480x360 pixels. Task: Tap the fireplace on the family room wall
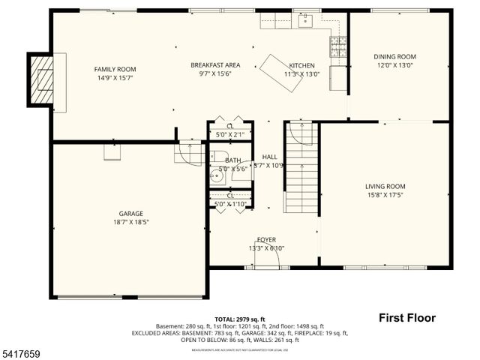point(43,78)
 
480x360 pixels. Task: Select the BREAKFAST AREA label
point(214,65)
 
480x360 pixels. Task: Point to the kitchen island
point(281,73)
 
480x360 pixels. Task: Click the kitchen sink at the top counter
point(304,20)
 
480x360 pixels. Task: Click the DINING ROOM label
point(394,57)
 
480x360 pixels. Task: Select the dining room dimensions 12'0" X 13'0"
point(394,66)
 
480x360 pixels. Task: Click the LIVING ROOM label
point(385,187)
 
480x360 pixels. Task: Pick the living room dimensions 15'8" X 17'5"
point(385,196)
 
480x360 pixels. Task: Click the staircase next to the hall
point(302,169)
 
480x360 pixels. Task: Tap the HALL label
point(269,157)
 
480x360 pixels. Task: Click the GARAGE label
point(130,213)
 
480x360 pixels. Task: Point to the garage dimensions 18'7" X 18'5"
point(130,222)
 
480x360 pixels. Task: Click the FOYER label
point(266,239)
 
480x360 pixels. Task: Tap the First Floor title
point(406,317)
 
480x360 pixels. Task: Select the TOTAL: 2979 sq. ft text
point(239,319)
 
